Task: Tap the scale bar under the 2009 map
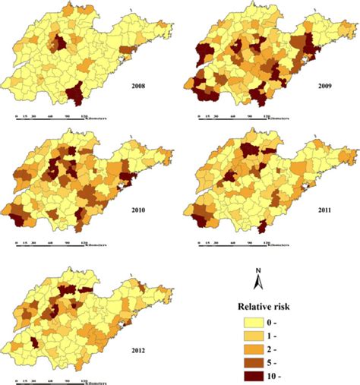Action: [239, 118]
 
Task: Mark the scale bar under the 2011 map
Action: [239, 245]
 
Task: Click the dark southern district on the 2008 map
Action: [74, 96]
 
